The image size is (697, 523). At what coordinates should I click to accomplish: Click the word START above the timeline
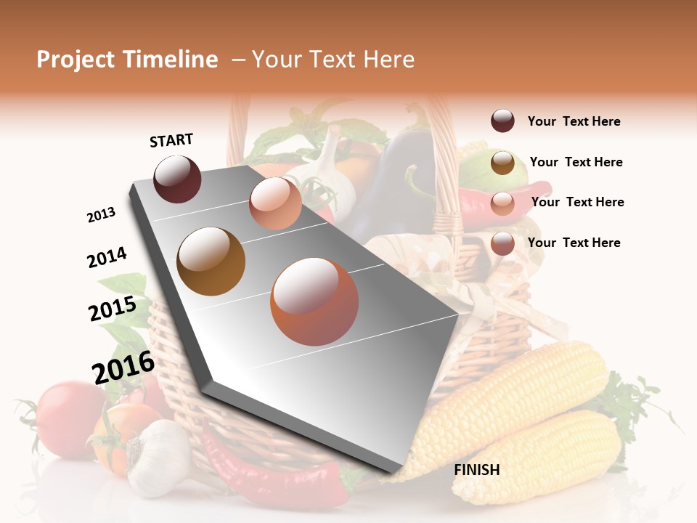(x=171, y=140)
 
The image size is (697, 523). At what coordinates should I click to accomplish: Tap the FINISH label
(x=476, y=470)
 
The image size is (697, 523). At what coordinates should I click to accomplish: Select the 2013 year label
(x=101, y=215)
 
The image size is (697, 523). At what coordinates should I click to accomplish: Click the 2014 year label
(x=107, y=257)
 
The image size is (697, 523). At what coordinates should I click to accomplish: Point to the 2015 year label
(x=112, y=309)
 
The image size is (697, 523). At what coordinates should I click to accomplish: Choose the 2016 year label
(x=123, y=367)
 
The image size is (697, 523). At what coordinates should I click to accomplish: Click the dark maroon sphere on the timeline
(x=177, y=179)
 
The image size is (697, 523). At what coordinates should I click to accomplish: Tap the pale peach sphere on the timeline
(x=275, y=203)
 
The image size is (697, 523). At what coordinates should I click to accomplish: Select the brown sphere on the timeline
(x=211, y=261)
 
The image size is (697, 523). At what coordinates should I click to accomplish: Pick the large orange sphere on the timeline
(x=314, y=301)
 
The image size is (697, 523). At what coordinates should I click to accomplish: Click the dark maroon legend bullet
(x=502, y=121)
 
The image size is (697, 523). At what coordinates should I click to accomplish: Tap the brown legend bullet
(x=502, y=163)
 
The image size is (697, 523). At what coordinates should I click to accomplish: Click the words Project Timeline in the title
(x=127, y=60)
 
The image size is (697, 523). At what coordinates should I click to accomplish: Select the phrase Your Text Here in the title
(x=333, y=60)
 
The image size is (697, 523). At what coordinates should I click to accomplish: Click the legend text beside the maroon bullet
(x=574, y=121)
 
